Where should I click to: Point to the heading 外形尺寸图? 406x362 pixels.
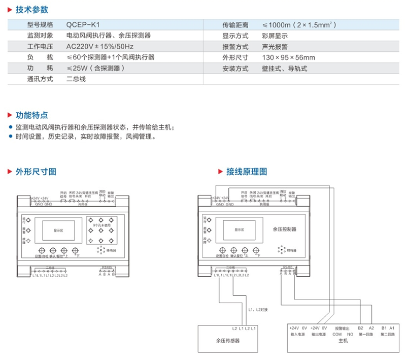point(36,172)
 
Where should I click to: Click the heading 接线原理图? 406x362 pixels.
point(247,172)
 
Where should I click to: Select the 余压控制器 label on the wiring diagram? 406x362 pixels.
point(284,229)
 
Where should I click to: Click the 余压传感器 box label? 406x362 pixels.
point(227,340)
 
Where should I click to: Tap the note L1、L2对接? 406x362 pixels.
point(258,309)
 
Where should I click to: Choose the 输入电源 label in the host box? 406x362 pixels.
point(297,334)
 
